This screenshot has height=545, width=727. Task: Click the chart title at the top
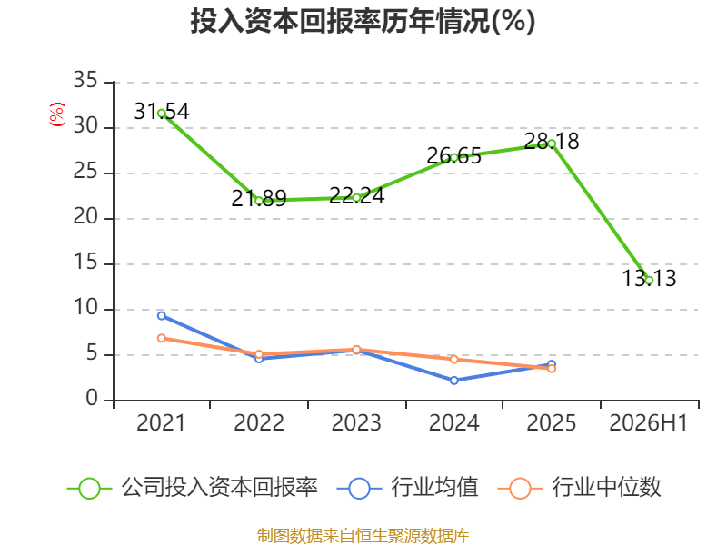(x=363, y=21)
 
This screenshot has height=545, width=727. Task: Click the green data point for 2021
(x=162, y=113)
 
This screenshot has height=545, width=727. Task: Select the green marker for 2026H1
(x=649, y=281)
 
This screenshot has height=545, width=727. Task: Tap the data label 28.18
(x=552, y=141)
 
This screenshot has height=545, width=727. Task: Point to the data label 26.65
(x=453, y=155)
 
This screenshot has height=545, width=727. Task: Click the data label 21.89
(x=259, y=199)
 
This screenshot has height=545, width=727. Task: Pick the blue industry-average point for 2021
(x=162, y=315)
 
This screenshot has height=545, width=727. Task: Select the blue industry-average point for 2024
(x=453, y=381)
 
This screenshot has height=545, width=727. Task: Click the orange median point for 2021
(x=162, y=338)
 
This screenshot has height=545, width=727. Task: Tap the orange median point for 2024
(x=453, y=359)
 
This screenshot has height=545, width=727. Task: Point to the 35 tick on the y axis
(x=85, y=80)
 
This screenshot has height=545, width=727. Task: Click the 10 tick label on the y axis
(x=85, y=307)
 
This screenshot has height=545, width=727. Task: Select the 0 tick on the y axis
(x=92, y=398)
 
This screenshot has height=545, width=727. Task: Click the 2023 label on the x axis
(x=356, y=422)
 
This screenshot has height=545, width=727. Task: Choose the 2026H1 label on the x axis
(x=648, y=422)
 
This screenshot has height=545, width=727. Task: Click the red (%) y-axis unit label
(x=57, y=114)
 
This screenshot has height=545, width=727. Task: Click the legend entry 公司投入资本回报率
(x=193, y=488)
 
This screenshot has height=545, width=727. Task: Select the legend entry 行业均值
(x=407, y=488)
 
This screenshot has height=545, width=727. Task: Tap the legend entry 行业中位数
(x=579, y=488)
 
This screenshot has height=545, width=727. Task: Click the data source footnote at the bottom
(x=363, y=536)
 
